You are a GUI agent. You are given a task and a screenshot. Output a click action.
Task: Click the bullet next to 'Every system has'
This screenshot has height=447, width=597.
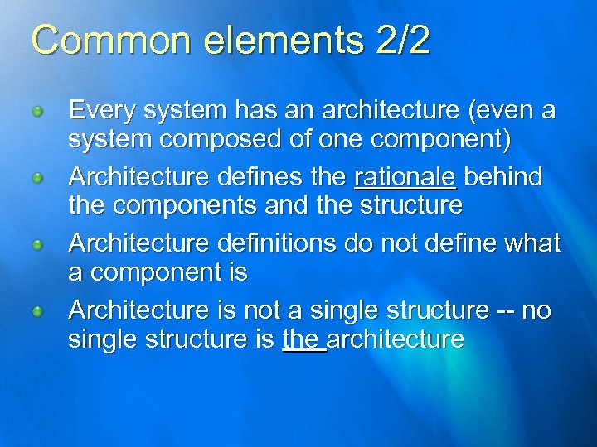[x=36, y=111]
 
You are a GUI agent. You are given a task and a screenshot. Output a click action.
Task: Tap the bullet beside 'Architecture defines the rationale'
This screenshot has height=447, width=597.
[x=36, y=178]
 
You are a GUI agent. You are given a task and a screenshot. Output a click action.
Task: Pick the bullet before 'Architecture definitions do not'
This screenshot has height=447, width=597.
[x=36, y=245]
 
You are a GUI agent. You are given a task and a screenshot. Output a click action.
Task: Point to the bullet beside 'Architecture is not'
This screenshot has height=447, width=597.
[x=36, y=312]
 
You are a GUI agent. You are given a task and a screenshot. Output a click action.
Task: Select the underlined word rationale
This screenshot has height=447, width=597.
[x=405, y=177]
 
